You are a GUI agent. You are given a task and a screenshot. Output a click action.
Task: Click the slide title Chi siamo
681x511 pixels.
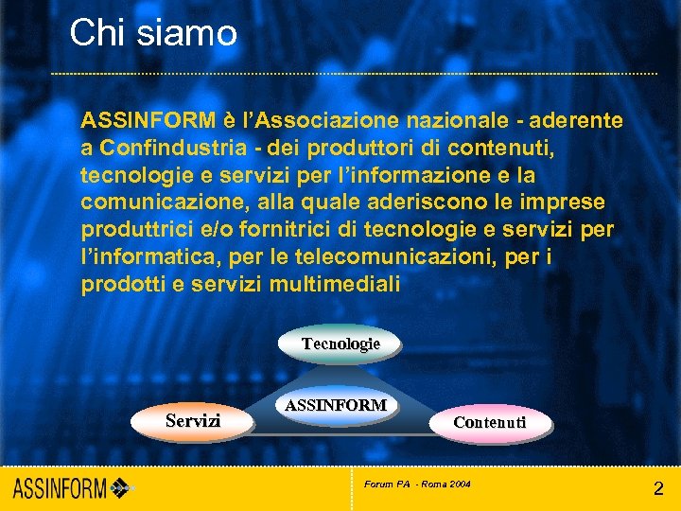[153, 33]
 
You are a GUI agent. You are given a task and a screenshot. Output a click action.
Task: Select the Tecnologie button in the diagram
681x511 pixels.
[340, 344]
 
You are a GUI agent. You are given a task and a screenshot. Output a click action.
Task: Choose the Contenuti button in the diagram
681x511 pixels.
[489, 422]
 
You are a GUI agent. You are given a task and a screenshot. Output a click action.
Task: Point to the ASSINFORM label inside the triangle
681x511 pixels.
[336, 405]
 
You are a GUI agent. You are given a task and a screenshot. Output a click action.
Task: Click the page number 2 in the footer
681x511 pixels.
[658, 489]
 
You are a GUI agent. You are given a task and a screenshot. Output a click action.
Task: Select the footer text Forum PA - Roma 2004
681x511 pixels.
[417, 485]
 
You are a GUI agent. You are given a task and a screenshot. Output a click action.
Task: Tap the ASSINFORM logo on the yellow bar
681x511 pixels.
[71, 489]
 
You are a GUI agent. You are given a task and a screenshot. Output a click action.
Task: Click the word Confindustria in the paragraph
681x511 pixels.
[160, 148]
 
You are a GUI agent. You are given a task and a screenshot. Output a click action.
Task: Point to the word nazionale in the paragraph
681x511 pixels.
[459, 120]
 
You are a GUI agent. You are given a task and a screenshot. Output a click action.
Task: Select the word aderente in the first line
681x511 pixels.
[577, 120]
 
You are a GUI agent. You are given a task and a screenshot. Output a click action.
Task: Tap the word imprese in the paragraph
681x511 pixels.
[570, 203]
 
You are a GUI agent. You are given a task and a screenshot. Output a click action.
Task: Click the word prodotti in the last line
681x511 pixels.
[116, 285]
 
